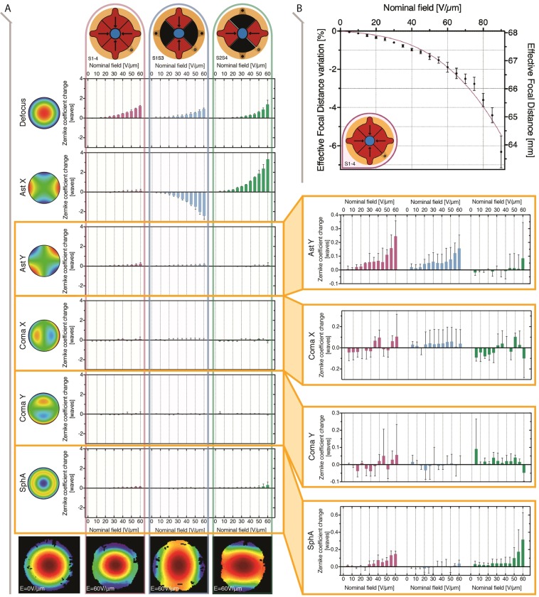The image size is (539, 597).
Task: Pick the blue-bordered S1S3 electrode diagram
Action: pos(178,33)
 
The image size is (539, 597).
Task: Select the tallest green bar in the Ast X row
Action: pos(268,173)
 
